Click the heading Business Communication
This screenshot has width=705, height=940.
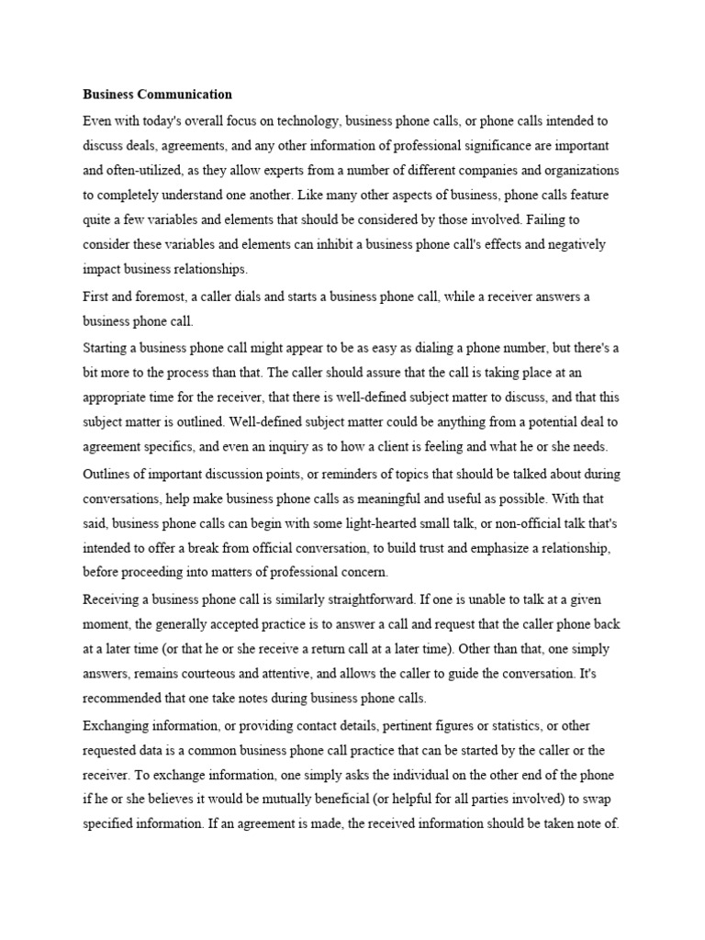point(157,95)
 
